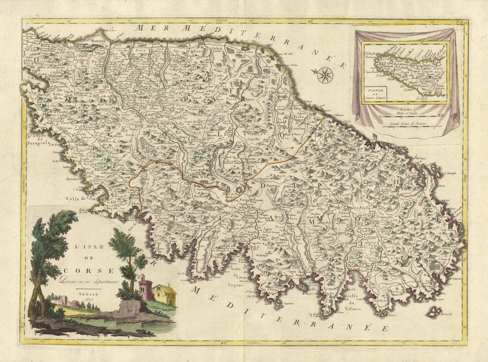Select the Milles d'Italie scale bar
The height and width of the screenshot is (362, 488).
[409, 116]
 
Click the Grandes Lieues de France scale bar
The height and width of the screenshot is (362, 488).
[409, 124]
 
